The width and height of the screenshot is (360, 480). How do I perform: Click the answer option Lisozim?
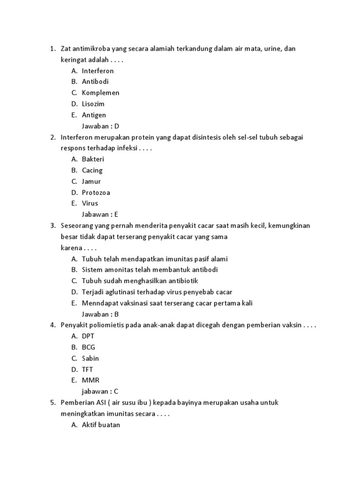(x=93, y=104)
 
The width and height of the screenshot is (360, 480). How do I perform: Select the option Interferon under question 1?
(x=97, y=71)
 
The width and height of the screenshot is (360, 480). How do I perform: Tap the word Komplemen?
(x=100, y=93)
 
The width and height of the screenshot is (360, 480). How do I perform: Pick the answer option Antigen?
(x=94, y=115)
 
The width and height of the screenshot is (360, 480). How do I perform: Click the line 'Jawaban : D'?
(x=100, y=126)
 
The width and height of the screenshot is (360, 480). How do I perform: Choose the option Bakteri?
(x=93, y=159)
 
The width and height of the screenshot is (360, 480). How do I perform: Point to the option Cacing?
(x=92, y=170)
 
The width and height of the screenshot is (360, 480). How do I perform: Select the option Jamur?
(x=91, y=181)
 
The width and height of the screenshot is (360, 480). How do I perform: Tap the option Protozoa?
(x=96, y=193)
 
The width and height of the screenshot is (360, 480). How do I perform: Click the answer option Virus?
(x=90, y=203)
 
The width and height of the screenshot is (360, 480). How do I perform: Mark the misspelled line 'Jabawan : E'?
(x=100, y=215)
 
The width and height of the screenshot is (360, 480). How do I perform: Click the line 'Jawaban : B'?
(x=100, y=314)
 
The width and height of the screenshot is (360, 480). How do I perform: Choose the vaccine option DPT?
(x=88, y=336)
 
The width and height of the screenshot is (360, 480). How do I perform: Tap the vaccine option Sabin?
(x=90, y=358)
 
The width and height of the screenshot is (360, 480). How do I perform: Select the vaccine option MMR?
(x=90, y=380)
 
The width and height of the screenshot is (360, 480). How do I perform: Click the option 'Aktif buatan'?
(x=101, y=425)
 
